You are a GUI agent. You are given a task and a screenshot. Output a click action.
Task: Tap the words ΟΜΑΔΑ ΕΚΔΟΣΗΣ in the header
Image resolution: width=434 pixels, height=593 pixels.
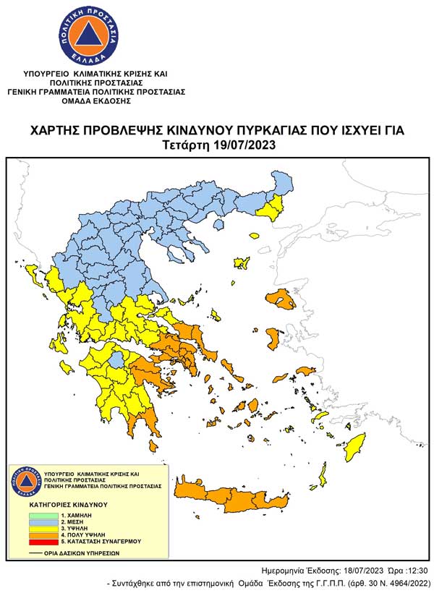click(x=96, y=101)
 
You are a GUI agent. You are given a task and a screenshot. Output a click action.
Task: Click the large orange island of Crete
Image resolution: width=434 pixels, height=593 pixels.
click(x=239, y=499)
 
